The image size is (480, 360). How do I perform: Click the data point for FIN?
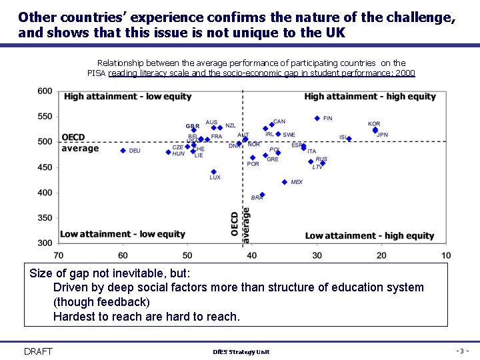point(317,119)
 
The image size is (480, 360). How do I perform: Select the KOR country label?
point(374,124)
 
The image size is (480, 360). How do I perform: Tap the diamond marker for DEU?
point(123,151)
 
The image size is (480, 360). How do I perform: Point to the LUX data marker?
point(213,172)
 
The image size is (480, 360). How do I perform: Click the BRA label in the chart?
point(257,198)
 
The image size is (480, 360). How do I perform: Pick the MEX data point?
point(285,182)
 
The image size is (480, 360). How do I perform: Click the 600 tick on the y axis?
point(45,91)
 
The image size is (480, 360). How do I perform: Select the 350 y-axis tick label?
point(45,218)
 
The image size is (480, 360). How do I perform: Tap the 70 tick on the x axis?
point(59,255)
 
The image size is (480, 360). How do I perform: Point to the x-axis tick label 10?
point(446,255)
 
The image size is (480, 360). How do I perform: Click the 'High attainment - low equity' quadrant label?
point(127,97)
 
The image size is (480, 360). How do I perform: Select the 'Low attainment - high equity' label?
point(369,235)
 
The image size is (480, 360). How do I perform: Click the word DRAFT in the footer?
point(38,351)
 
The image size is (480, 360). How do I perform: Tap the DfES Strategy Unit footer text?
point(241,352)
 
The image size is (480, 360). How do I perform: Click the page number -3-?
point(463,351)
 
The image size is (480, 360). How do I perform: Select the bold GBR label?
point(192,126)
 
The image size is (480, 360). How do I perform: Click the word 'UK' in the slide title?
point(336,32)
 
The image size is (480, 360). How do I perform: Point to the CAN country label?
point(279,122)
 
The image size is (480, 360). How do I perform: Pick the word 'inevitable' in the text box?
point(138,273)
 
